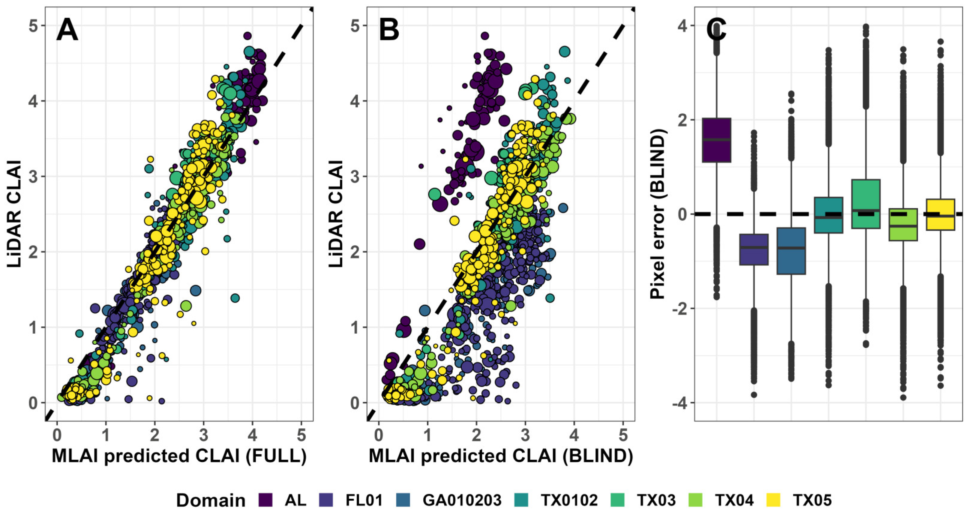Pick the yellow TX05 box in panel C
[x=940, y=214]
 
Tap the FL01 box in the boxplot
[x=754, y=250]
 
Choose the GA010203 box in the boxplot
[x=791, y=251]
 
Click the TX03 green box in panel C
[x=865, y=204]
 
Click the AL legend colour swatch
[x=266, y=500]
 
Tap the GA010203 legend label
[x=462, y=500]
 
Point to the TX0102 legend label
[x=569, y=500]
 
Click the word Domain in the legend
[x=211, y=501]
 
